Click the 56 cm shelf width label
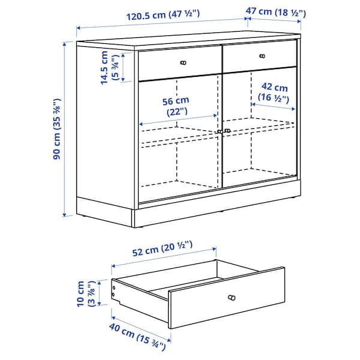[177, 106]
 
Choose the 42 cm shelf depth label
[274, 92]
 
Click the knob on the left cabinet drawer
[183, 62]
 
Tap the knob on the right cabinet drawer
[262, 56]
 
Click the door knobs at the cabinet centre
[223, 131]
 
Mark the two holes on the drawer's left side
[115, 291]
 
